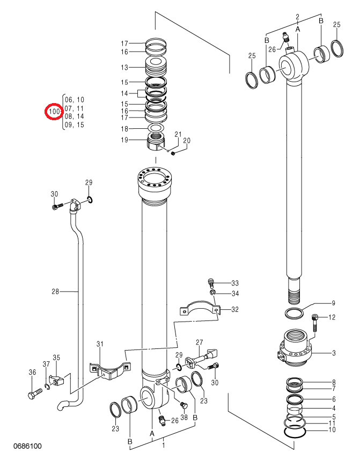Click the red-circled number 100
coord(54,112)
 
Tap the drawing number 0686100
coord(27,446)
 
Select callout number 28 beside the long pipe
coord(55,292)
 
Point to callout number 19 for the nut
coord(124,140)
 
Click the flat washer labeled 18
coord(156,128)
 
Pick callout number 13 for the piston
coord(124,68)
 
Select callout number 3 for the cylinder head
coord(334,353)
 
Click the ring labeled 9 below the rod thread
coord(294,314)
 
